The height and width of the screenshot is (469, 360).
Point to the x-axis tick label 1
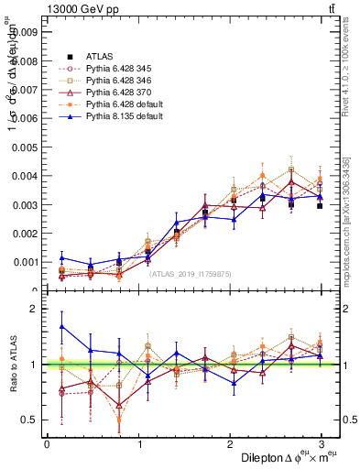(x=140, y=443)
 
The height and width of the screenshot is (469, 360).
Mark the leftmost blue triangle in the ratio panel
(x=61, y=326)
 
